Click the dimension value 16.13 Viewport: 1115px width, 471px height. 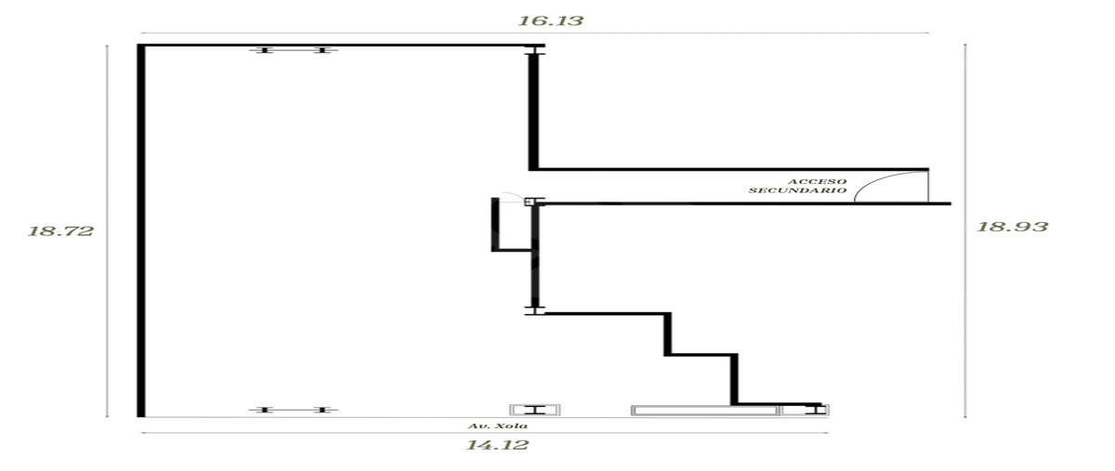(x=550, y=21)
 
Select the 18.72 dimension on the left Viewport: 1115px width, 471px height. (x=60, y=231)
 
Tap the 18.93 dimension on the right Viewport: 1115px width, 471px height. (x=1012, y=227)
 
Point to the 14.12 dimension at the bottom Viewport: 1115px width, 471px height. (x=497, y=445)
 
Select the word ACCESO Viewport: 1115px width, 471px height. (x=817, y=182)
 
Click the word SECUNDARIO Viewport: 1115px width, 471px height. (x=797, y=190)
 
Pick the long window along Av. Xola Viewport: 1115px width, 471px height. (x=704, y=411)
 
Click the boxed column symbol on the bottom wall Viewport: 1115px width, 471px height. (x=535, y=411)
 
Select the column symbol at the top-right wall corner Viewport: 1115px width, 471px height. (x=534, y=49)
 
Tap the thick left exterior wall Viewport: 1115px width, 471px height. (x=141, y=230)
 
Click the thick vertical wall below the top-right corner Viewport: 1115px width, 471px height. (x=533, y=112)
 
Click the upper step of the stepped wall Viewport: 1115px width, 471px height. (x=667, y=334)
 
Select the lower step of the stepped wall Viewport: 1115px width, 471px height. (x=734, y=378)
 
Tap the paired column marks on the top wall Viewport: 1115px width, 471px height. (x=294, y=50)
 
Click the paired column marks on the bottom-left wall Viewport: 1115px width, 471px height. (x=294, y=411)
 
